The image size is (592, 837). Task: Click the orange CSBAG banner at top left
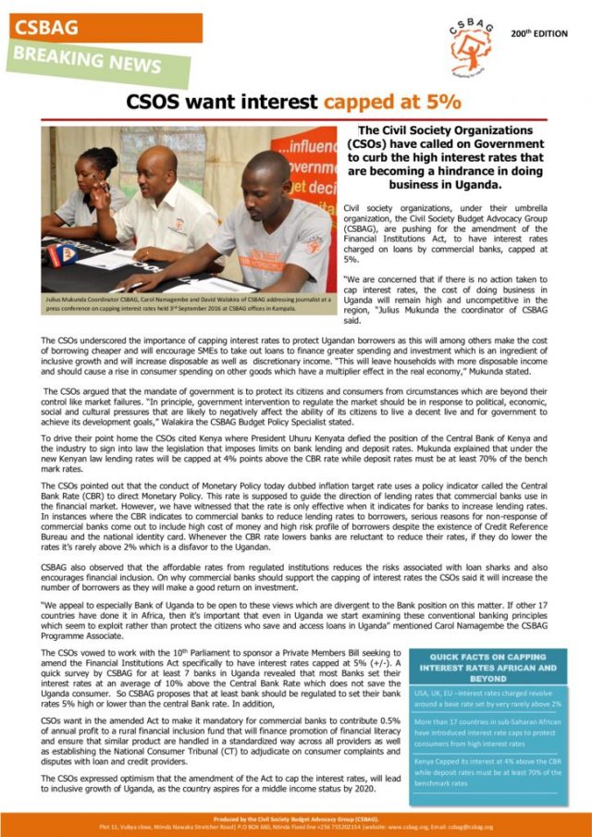pos(102,28)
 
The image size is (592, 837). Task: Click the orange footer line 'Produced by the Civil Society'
pos(296,821)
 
